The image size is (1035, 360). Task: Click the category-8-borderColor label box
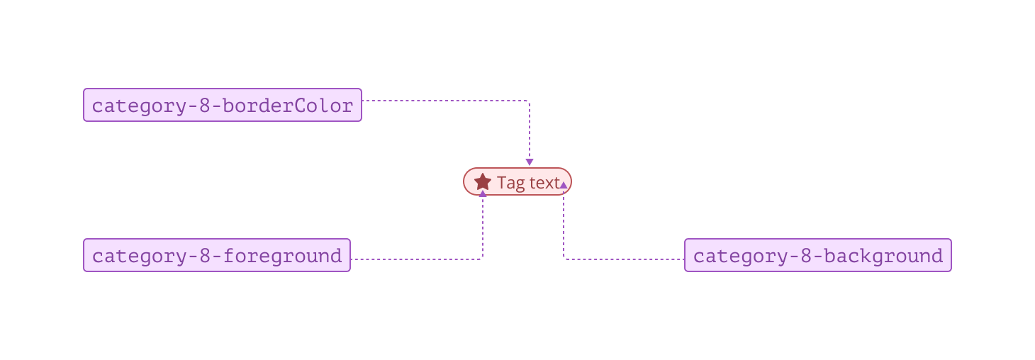pyautogui.click(x=223, y=105)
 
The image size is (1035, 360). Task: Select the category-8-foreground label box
pyautogui.click(x=217, y=255)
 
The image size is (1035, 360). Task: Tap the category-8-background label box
pyautogui.click(x=817, y=255)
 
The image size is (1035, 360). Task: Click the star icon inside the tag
pyautogui.click(x=483, y=182)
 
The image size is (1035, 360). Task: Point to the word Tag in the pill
pyautogui.click(x=510, y=183)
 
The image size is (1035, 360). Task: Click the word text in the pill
pyautogui.click(x=544, y=183)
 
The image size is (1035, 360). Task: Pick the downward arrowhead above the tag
pyautogui.click(x=529, y=162)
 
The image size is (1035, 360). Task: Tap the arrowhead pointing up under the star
pyautogui.click(x=483, y=193)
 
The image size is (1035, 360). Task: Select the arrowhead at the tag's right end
pyautogui.click(x=564, y=185)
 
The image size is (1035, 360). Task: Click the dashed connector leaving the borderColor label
pyautogui.click(x=447, y=101)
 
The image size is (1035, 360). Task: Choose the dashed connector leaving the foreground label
pyautogui.click(x=418, y=259)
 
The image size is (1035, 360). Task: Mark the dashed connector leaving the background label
pyautogui.click(x=624, y=259)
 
